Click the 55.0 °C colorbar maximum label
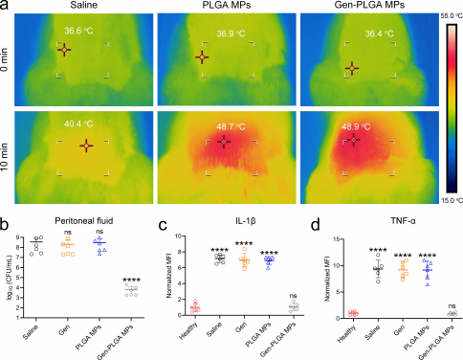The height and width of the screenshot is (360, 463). (447, 18)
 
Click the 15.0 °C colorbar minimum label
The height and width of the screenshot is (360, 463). (447, 203)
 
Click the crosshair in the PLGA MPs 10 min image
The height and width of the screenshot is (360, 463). (224, 143)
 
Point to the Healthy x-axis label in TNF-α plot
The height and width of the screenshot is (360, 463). (343, 331)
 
